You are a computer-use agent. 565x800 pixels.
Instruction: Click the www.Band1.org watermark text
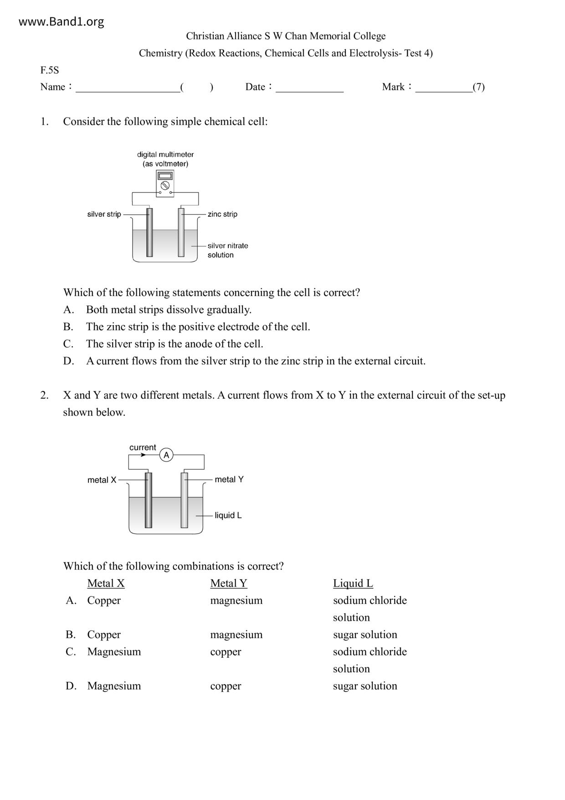click(61, 21)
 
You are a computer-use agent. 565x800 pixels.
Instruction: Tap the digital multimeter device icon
click(165, 183)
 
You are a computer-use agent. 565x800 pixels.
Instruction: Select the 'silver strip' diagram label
click(104, 214)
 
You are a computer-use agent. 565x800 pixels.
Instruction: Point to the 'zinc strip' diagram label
click(222, 214)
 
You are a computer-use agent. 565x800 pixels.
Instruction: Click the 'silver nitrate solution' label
click(227, 250)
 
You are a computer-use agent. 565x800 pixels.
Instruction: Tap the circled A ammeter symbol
click(166, 455)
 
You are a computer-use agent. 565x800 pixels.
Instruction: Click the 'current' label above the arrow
click(143, 447)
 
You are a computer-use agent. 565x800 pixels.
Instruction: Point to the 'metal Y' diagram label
click(229, 479)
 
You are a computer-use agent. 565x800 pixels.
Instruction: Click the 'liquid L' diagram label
click(228, 515)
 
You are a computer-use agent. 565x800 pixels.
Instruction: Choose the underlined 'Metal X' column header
click(106, 583)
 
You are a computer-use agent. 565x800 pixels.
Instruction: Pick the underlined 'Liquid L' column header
click(353, 583)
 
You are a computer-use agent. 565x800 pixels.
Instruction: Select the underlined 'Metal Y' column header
click(229, 583)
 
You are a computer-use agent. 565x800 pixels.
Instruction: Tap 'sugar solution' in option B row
click(365, 634)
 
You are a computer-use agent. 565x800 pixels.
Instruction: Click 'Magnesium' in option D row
click(114, 686)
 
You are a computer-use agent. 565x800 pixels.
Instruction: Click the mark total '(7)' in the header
click(478, 87)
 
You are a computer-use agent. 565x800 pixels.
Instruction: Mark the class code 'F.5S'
click(50, 70)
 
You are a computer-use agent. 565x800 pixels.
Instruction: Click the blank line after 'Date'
click(309, 89)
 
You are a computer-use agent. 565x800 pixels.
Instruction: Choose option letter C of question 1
click(68, 344)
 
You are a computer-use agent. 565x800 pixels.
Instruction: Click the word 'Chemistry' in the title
click(160, 53)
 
